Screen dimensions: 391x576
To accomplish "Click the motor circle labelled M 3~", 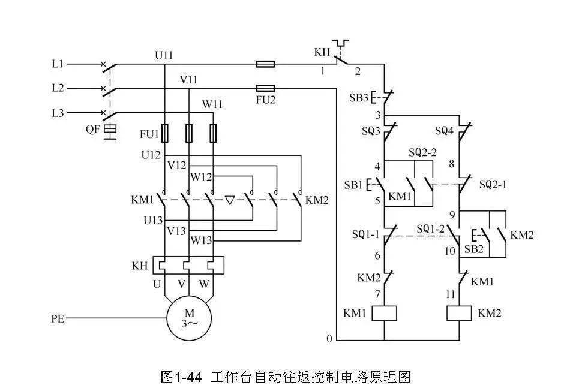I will tap(189, 318).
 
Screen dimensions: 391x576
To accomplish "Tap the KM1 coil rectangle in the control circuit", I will tap(384, 313).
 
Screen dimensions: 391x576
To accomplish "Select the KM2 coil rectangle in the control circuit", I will tap(460, 313).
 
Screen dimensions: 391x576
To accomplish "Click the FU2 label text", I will tap(265, 100).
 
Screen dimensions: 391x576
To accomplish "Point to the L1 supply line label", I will tap(58, 63).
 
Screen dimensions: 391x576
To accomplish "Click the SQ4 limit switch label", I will tap(443, 130).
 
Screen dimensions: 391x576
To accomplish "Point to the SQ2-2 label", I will tap(422, 152).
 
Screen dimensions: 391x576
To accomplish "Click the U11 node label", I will tap(164, 55).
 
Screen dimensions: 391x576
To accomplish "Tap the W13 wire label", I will tap(202, 240).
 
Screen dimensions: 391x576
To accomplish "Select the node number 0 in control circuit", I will tap(329, 339).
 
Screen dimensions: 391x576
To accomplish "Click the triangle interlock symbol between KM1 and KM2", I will tap(230, 199).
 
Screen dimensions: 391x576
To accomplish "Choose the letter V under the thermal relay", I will tap(181, 284).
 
